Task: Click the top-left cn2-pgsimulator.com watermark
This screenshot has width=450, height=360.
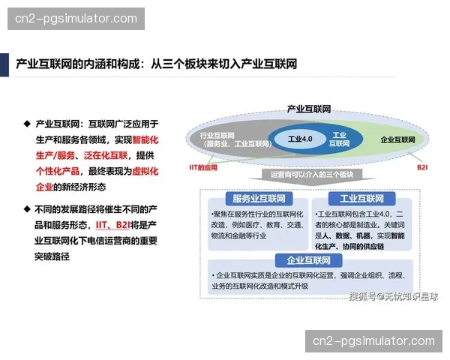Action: click(77, 19)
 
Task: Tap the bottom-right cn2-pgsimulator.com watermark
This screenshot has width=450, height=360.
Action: click(373, 341)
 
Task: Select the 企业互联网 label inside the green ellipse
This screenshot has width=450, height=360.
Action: click(397, 140)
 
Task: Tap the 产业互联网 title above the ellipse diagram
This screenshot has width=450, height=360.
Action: click(309, 109)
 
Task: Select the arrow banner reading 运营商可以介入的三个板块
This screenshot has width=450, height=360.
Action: click(316, 175)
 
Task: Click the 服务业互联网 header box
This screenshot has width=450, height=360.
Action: click(255, 199)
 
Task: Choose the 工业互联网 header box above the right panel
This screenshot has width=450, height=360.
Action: click(361, 199)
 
